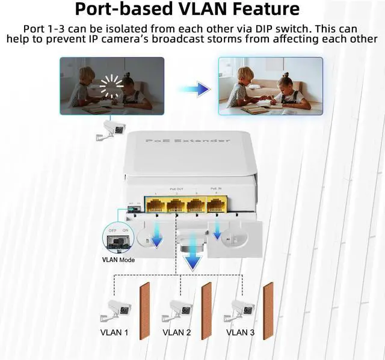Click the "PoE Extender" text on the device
(188, 140)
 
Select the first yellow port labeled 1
(156, 204)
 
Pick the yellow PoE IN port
(216, 204)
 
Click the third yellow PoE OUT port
(196, 204)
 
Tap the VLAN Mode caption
(118, 260)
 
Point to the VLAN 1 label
(114, 332)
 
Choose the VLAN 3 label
(240, 332)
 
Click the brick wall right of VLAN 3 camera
(268, 311)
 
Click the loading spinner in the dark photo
(111, 87)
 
